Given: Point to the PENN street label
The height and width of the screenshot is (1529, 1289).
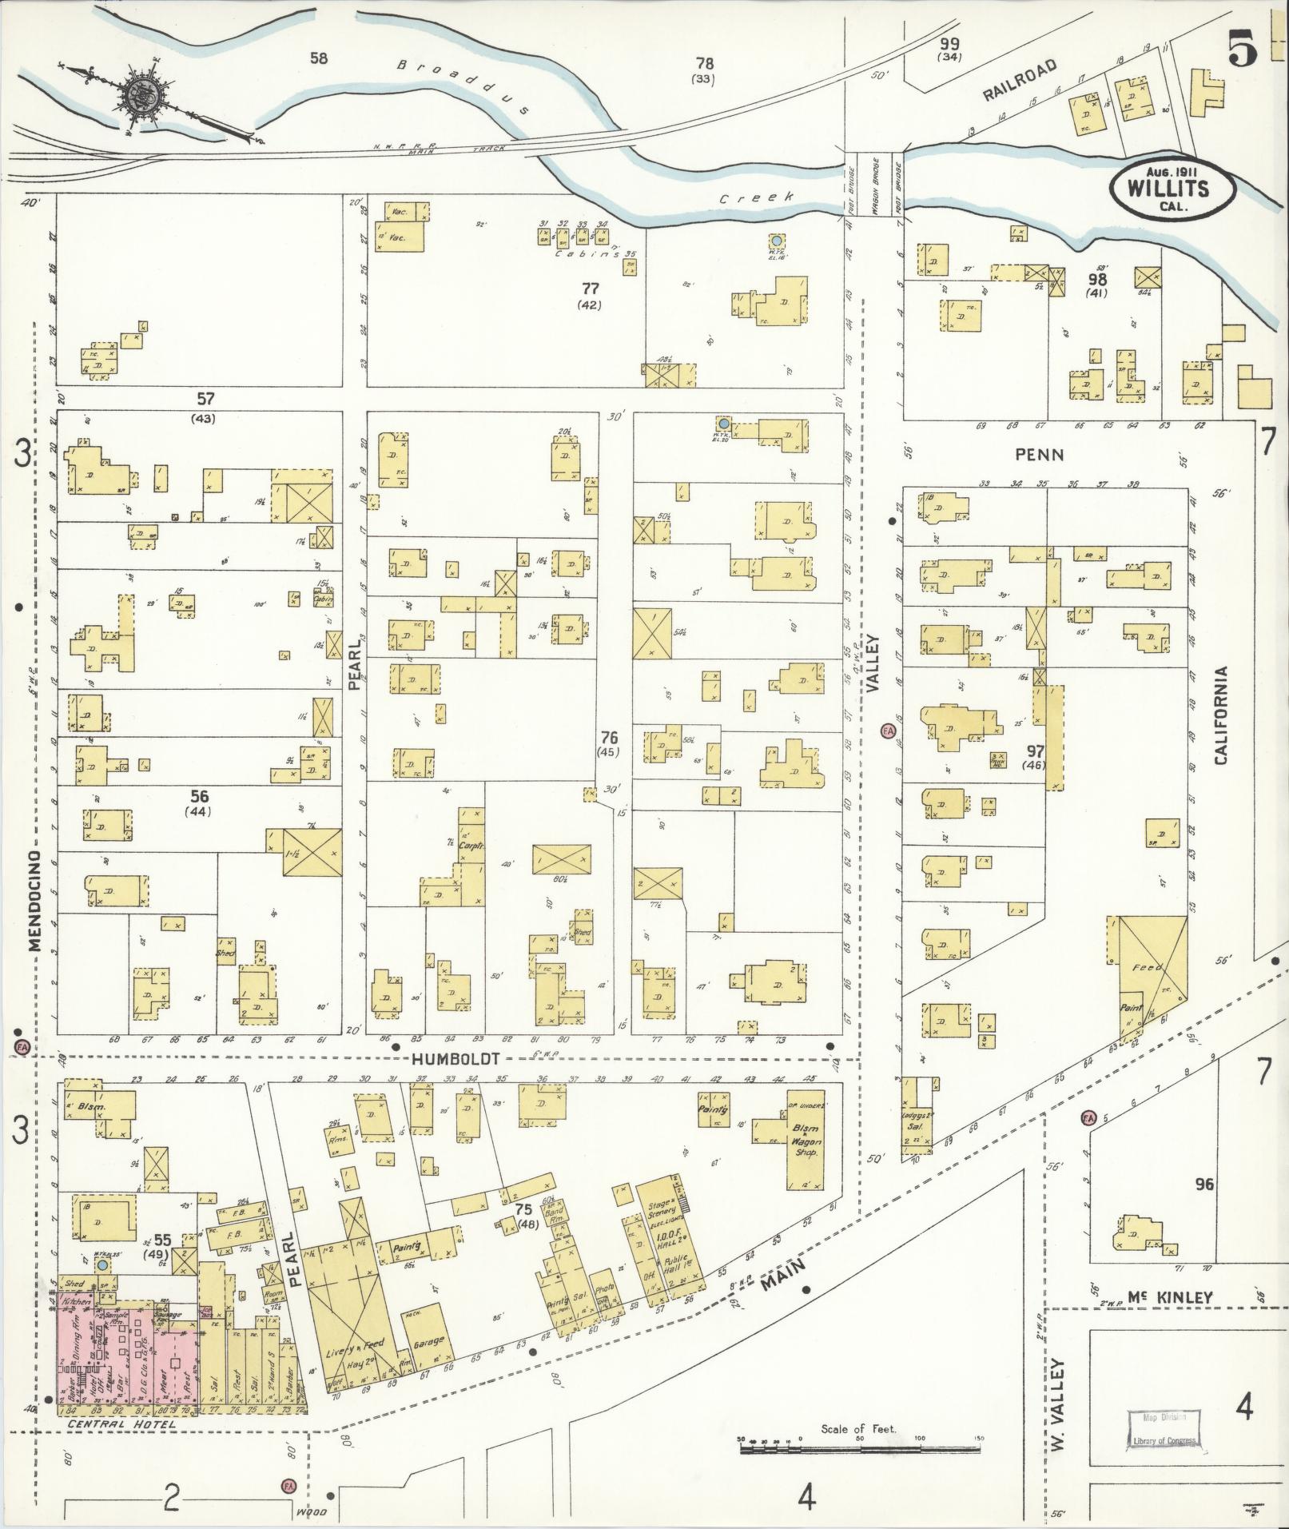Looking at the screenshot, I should pyautogui.click(x=1039, y=455).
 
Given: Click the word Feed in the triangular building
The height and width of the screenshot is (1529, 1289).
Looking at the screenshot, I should pyautogui.click(x=1151, y=967).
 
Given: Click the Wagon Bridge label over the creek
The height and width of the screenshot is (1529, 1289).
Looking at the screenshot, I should pyautogui.click(x=875, y=185).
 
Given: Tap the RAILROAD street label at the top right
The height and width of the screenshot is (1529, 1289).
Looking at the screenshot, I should pyautogui.click(x=1020, y=80).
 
